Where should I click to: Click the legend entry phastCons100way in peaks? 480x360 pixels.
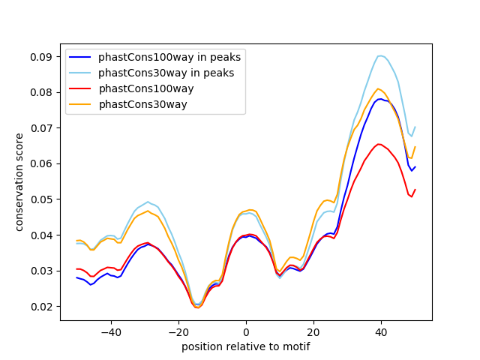pos(169,57)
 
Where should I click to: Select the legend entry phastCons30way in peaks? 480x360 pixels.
pos(166,73)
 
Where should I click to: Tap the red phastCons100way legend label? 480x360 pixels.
pos(146,88)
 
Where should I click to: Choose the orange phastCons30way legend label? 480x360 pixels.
pos(142,104)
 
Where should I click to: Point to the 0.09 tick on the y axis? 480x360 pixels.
pos(43,56)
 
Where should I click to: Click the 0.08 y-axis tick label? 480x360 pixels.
pos(43,92)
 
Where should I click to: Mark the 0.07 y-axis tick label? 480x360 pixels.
pos(43,127)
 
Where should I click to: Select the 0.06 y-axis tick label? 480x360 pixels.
pos(43,163)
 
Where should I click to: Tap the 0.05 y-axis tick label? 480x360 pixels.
pos(43,199)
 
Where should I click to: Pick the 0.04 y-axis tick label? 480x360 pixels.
pos(43,235)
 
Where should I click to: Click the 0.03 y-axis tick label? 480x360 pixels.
pos(43,270)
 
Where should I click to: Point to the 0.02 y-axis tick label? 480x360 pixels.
pos(43,306)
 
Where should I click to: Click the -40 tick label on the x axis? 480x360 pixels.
pos(110,331)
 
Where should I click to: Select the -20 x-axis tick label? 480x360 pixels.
pos(178,331)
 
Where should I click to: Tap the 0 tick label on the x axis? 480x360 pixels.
pos(246,331)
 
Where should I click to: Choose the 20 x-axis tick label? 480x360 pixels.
pos(313,331)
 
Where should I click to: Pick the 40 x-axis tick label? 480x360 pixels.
pos(381,331)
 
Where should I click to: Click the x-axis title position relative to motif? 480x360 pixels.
pos(245,346)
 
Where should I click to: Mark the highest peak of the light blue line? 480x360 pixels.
pos(381,55)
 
